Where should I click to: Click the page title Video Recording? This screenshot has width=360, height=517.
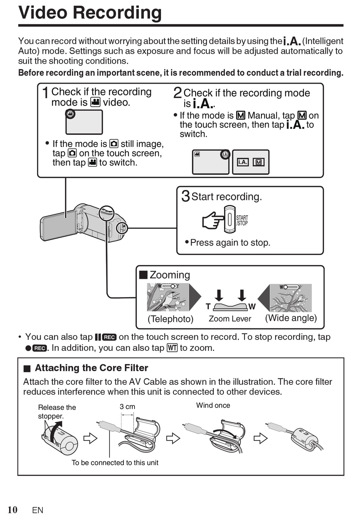[x=90, y=12]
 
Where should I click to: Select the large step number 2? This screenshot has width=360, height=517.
[x=177, y=93]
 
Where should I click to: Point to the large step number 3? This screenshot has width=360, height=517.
[x=185, y=196]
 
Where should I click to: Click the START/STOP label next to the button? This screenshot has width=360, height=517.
[x=242, y=220]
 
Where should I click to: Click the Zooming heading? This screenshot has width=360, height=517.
[x=169, y=275]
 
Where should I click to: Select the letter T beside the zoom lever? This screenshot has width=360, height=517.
[x=208, y=306]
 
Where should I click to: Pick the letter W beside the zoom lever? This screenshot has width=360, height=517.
[x=252, y=306]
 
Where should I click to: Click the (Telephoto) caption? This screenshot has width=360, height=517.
[x=171, y=319]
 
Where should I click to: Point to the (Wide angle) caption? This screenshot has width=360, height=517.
[x=291, y=318]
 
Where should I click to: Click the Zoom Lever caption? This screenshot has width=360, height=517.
[x=230, y=319]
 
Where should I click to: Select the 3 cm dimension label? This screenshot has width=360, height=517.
[x=127, y=407]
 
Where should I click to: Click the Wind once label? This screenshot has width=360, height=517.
[x=213, y=405]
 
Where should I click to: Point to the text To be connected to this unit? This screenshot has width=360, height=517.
[x=115, y=462]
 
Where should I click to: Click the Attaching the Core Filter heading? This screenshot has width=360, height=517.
[x=91, y=368]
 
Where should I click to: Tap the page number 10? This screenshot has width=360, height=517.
[x=13, y=509]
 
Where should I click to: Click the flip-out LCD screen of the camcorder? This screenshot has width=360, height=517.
[x=59, y=225]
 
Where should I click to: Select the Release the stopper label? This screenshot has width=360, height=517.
[x=57, y=412]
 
